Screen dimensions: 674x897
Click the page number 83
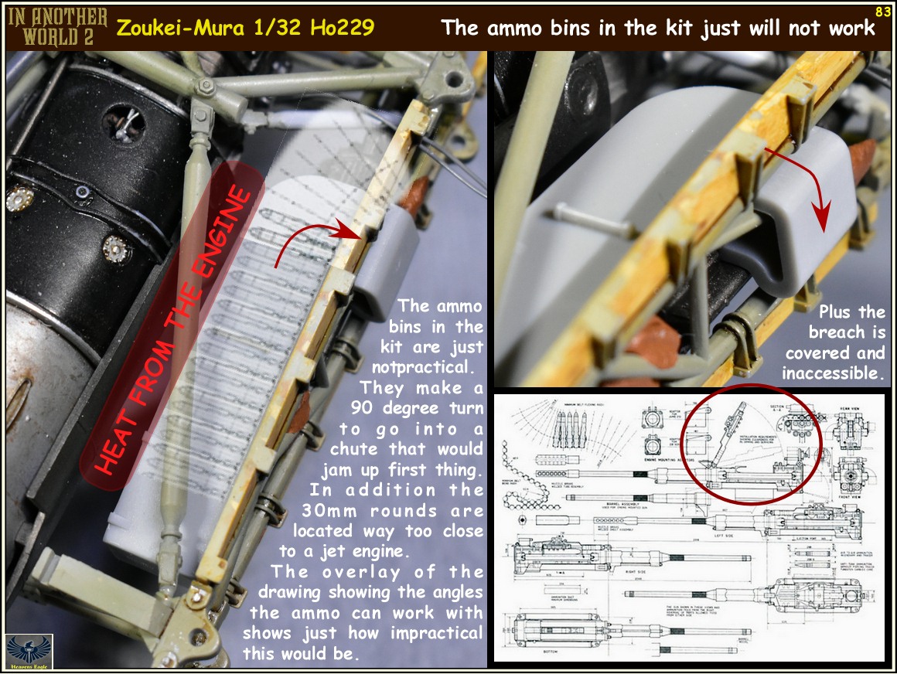pos(882,12)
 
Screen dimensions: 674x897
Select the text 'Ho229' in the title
pos(342,29)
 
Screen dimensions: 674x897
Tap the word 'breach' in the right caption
pos(837,332)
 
